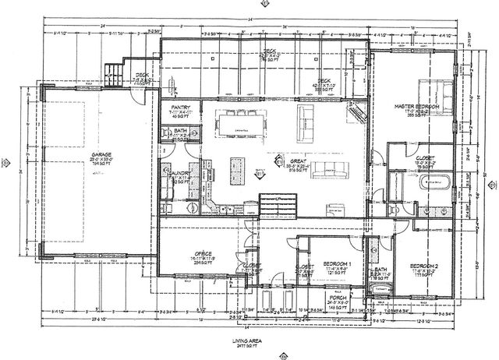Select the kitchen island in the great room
pos(238,167)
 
